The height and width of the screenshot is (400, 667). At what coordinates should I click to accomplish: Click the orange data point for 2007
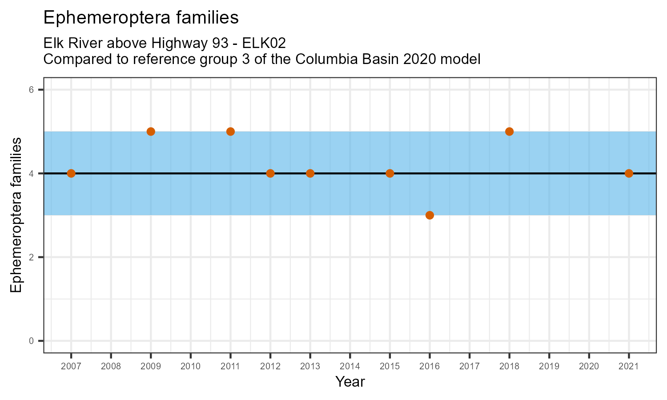[71, 173]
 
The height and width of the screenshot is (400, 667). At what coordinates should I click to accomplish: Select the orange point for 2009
[151, 132]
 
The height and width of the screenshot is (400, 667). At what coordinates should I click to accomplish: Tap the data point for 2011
[230, 132]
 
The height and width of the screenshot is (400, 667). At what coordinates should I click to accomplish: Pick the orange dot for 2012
[270, 173]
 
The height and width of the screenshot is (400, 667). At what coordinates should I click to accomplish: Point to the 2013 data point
[310, 173]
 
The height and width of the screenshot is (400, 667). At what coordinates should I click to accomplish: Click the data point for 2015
[390, 173]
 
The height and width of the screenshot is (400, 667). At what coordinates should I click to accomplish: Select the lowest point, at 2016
[430, 215]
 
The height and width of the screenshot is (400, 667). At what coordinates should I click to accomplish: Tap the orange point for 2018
[509, 132]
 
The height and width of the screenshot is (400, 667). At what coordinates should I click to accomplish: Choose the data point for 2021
[629, 173]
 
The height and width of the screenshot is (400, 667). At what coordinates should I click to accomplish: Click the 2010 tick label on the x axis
[190, 367]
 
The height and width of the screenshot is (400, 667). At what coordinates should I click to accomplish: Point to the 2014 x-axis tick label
[350, 367]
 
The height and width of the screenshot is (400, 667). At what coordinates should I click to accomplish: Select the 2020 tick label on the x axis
[589, 367]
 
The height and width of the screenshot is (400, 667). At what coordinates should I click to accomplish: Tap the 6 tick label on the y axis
[31, 90]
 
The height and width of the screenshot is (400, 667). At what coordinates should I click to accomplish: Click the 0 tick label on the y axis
[31, 341]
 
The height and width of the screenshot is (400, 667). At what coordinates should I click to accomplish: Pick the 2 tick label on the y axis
[31, 257]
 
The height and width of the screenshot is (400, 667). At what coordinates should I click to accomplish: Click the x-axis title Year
[350, 381]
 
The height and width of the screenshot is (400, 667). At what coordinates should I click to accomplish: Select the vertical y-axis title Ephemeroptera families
[16, 215]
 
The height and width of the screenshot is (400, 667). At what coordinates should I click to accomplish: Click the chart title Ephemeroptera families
[141, 18]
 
